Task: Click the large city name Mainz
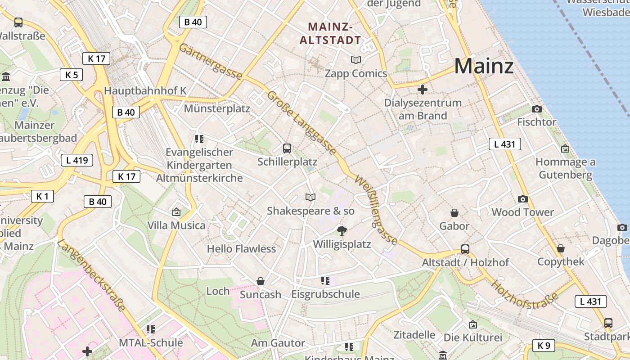click(484, 66)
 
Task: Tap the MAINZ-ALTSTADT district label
click(330, 33)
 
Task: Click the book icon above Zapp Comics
click(356, 60)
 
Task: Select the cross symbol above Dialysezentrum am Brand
click(422, 90)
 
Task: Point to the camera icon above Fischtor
click(536, 109)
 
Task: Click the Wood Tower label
click(522, 212)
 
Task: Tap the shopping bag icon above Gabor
click(454, 212)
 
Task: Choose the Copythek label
click(561, 261)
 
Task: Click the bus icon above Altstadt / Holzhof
click(465, 249)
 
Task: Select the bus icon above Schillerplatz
click(287, 148)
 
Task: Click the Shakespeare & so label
click(310, 211)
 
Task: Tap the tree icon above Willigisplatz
click(342, 231)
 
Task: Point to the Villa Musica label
click(176, 225)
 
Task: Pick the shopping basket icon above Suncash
click(260, 281)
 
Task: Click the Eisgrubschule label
click(325, 294)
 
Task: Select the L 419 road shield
click(77, 160)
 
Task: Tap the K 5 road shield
click(71, 75)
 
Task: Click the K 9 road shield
click(544, 346)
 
